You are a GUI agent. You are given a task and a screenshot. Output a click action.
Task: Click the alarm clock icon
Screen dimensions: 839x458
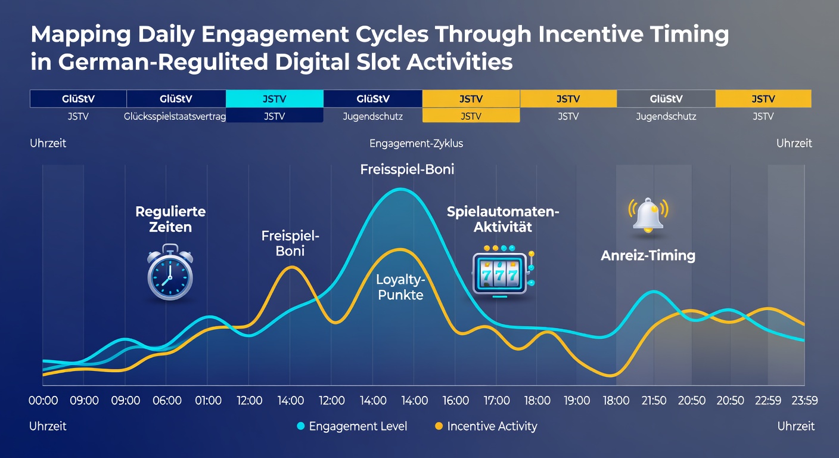pyautogui.click(x=170, y=272)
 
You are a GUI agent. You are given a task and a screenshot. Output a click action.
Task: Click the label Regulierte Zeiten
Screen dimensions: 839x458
pyautogui.click(x=170, y=219)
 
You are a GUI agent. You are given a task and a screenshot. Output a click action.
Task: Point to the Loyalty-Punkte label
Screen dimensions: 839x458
pyautogui.click(x=400, y=287)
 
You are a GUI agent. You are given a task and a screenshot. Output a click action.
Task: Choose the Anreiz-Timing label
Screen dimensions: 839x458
pyautogui.click(x=648, y=256)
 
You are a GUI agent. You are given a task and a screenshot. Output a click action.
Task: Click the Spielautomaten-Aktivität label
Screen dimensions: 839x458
pyautogui.click(x=503, y=219)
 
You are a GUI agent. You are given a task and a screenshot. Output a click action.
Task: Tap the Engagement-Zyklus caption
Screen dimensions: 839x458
pyautogui.click(x=416, y=144)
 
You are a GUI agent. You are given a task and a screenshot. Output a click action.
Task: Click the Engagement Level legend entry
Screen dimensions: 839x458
pyautogui.click(x=352, y=426)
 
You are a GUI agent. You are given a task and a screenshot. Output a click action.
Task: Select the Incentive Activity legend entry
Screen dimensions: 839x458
pyautogui.click(x=486, y=426)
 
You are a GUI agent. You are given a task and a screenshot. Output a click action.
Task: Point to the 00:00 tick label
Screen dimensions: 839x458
pyautogui.click(x=43, y=401)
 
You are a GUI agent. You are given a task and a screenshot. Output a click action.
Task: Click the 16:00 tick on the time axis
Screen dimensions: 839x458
pyautogui.click(x=455, y=401)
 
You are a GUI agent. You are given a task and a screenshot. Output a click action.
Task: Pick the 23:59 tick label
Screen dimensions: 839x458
pyautogui.click(x=804, y=401)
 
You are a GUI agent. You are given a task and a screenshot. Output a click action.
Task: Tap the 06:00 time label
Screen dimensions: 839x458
pyautogui.click(x=167, y=401)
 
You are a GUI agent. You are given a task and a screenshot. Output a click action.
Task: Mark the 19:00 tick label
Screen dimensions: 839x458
pyautogui.click(x=577, y=401)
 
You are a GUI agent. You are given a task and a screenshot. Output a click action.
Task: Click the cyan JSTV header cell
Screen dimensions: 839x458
pyautogui.click(x=275, y=99)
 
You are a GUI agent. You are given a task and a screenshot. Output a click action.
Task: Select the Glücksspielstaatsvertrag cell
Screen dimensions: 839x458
pyautogui.click(x=175, y=116)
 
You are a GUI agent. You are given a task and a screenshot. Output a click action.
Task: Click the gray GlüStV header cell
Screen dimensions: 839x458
pyautogui.click(x=666, y=99)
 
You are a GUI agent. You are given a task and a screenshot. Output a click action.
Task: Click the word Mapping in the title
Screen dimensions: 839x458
pyautogui.click(x=81, y=35)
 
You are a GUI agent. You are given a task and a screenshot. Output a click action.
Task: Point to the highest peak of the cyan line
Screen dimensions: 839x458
pyautogui.click(x=400, y=190)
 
